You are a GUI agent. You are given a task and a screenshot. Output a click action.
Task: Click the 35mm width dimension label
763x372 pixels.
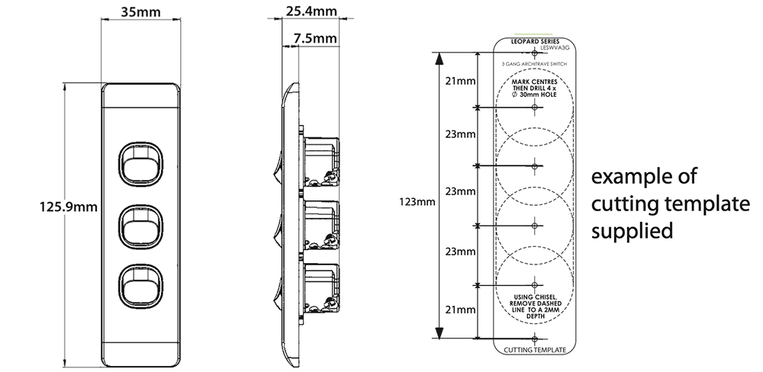[x=141, y=13]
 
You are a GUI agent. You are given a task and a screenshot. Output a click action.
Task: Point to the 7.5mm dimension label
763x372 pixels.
[x=314, y=37]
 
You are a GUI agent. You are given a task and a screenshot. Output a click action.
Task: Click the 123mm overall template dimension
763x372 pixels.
[x=416, y=202]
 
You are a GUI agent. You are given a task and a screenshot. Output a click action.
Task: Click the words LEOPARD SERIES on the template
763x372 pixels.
[x=534, y=40]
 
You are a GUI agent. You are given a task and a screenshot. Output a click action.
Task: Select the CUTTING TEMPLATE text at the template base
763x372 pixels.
[x=534, y=351]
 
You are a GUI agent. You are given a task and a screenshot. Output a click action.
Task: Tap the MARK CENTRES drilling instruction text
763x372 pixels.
[x=534, y=86]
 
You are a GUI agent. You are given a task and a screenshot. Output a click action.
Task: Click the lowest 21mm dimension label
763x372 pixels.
[x=458, y=310]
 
